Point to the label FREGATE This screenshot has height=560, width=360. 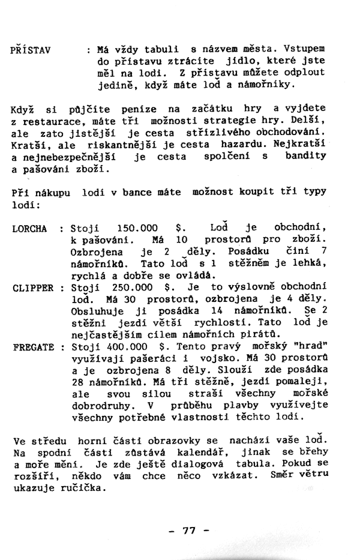click(x=32, y=347)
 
